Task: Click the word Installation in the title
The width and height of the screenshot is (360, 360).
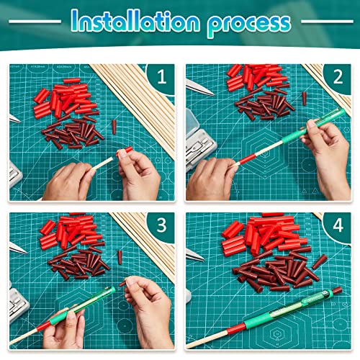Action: point(135,22)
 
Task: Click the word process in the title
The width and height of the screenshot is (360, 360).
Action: point(249,24)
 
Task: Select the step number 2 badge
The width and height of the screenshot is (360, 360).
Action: point(338,77)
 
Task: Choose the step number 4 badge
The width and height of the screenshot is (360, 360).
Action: point(338,225)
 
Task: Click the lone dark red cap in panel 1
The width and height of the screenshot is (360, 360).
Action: point(114,127)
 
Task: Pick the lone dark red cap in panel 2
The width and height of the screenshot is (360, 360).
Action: point(305,99)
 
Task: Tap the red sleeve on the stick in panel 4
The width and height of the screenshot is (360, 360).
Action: point(236,328)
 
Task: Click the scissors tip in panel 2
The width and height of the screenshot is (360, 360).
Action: point(212,94)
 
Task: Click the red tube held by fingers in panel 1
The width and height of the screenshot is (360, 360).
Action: point(125,151)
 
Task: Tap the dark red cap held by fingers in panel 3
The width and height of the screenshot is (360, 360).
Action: point(122,284)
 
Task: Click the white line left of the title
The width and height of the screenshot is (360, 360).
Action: point(35,22)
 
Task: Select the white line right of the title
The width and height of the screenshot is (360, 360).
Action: point(327,22)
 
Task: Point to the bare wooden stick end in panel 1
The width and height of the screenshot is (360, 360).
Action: point(111,159)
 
